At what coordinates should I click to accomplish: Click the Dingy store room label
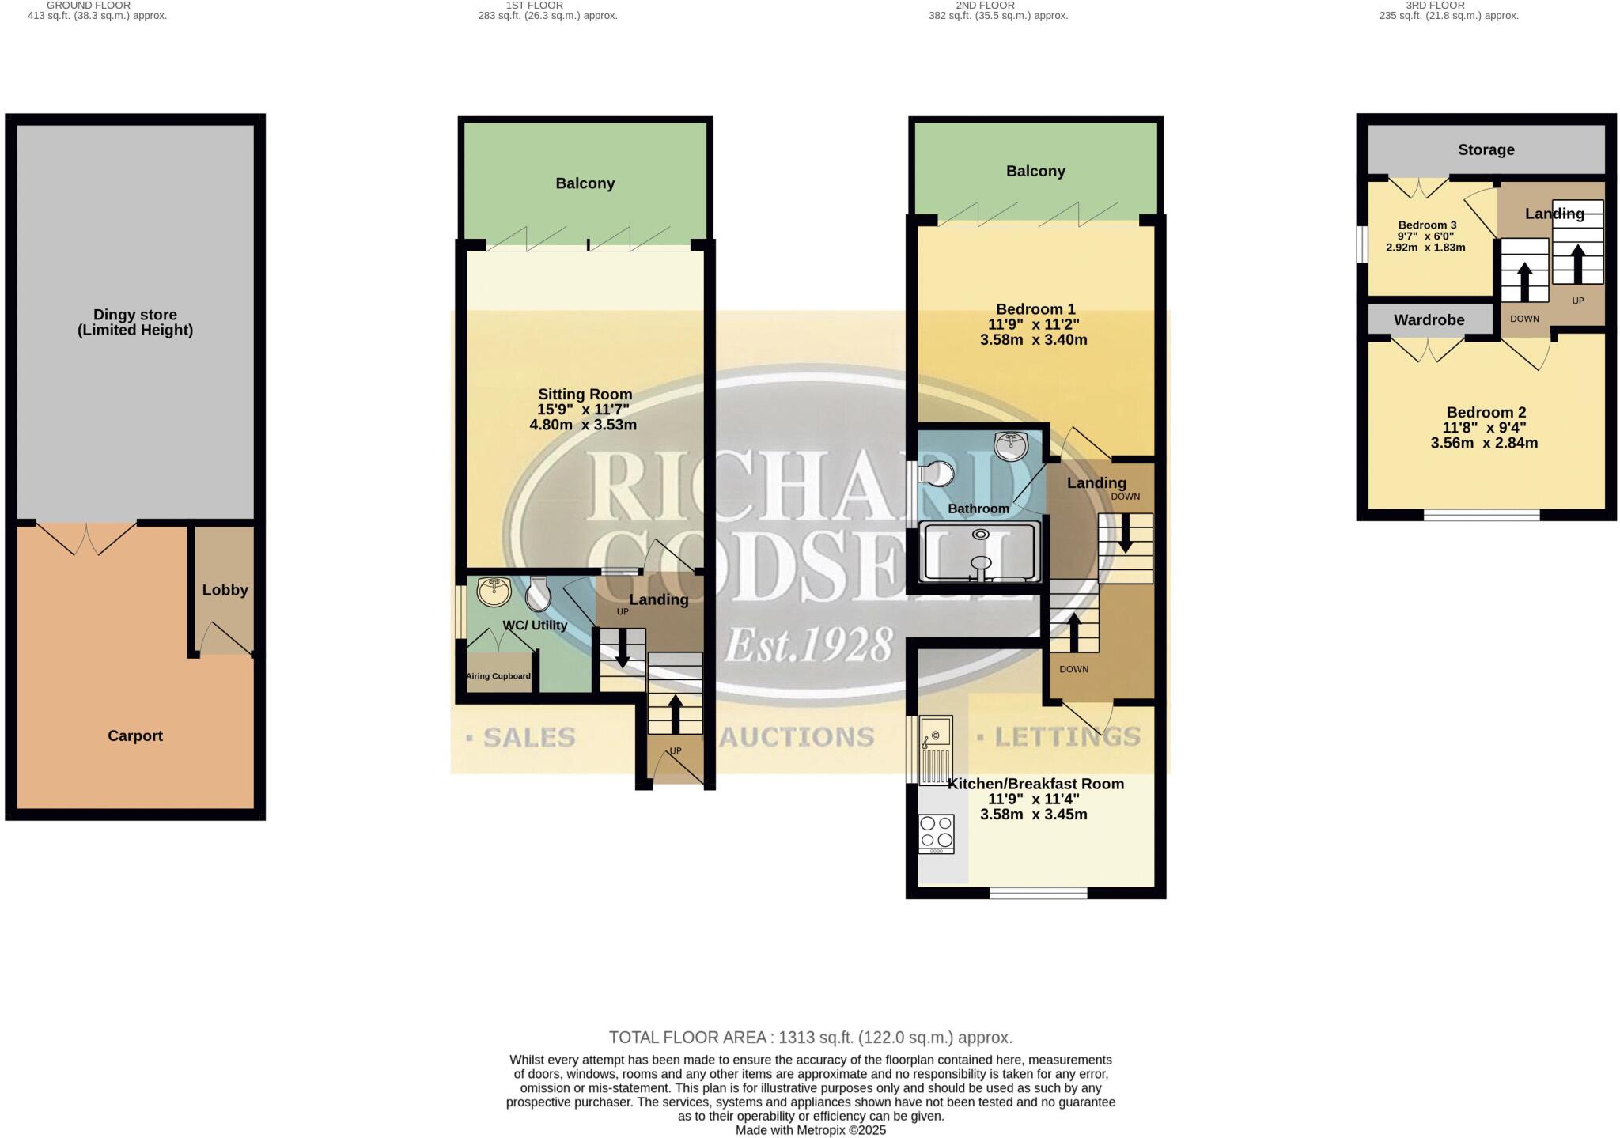pyautogui.click(x=135, y=323)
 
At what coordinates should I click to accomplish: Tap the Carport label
pyautogui.click(x=135, y=736)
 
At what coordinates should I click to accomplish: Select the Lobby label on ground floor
pyautogui.click(x=225, y=590)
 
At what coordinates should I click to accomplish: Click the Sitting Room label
pyautogui.click(x=585, y=394)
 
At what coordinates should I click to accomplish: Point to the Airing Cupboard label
pyautogui.click(x=498, y=676)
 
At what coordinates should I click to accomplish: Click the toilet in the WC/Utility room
pyautogui.click(x=539, y=594)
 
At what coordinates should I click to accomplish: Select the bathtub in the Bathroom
pyautogui.click(x=980, y=552)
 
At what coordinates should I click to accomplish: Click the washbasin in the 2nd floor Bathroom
pyautogui.click(x=1012, y=447)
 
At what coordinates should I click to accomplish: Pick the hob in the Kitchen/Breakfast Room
pyautogui.click(x=937, y=834)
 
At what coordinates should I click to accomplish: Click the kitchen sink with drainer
pyautogui.click(x=937, y=749)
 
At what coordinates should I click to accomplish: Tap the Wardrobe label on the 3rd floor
pyautogui.click(x=1429, y=320)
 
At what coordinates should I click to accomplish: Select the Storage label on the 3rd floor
pyautogui.click(x=1486, y=150)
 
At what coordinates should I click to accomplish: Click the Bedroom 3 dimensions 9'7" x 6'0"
pyautogui.click(x=1426, y=236)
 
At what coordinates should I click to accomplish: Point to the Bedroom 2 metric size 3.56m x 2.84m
pyautogui.click(x=1485, y=443)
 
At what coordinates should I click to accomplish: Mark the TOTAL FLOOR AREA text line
pyautogui.click(x=811, y=1038)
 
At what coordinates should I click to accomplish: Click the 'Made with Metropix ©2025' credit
pyautogui.click(x=811, y=1130)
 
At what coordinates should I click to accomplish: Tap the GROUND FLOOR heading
pyautogui.click(x=89, y=5)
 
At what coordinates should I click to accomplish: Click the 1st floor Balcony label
pyautogui.click(x=585, y=183)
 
